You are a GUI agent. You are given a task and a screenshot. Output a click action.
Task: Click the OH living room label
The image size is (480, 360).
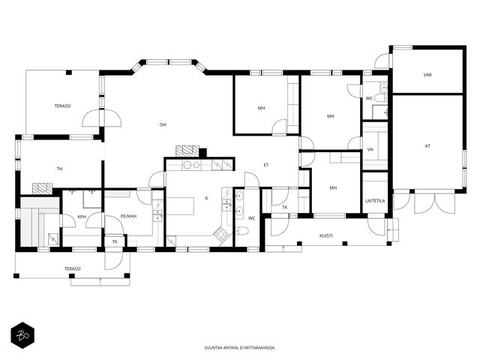[x=163, y=124]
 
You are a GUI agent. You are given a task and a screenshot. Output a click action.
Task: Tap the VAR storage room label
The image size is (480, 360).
[x=427, y=75]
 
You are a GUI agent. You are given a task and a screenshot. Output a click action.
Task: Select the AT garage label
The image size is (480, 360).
[x=427, y=146]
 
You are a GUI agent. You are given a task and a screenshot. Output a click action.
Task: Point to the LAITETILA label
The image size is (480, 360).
[x=375, y=201]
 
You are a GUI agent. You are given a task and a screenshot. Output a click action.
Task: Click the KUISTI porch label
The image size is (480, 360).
[x=326, y=235]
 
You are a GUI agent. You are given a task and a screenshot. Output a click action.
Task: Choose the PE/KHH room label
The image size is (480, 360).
[x=128, y=216]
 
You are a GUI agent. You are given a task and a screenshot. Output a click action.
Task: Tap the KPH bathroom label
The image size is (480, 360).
[x=82, y=217]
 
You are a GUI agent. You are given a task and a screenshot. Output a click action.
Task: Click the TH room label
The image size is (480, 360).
[x=60, y=169]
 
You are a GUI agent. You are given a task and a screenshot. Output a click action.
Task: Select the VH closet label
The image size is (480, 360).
[x=370, y=150]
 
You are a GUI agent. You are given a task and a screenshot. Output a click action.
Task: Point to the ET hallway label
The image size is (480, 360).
[x=266, y=165]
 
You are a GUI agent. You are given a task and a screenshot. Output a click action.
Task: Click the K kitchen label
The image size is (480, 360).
[x=207, y=198]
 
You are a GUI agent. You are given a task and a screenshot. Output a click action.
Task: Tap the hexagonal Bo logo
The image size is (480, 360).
[x=22, y=335]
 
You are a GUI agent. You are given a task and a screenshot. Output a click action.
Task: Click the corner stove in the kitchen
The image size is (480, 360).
[x=221, y=235]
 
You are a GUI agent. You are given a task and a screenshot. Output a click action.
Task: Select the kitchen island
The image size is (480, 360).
[x=181, y=206]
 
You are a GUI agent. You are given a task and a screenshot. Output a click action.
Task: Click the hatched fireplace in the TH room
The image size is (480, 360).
[x=42, y=188]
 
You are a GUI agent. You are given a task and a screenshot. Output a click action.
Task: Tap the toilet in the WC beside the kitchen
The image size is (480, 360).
[x=241, y=231]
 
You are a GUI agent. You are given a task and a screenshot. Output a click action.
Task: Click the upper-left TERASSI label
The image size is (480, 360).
[x=63, y=106]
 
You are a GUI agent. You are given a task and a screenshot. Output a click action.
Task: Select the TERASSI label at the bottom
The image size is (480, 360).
[x=73, y=268]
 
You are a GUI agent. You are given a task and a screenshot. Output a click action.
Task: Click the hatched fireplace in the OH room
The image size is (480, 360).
[x=187, y=151]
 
